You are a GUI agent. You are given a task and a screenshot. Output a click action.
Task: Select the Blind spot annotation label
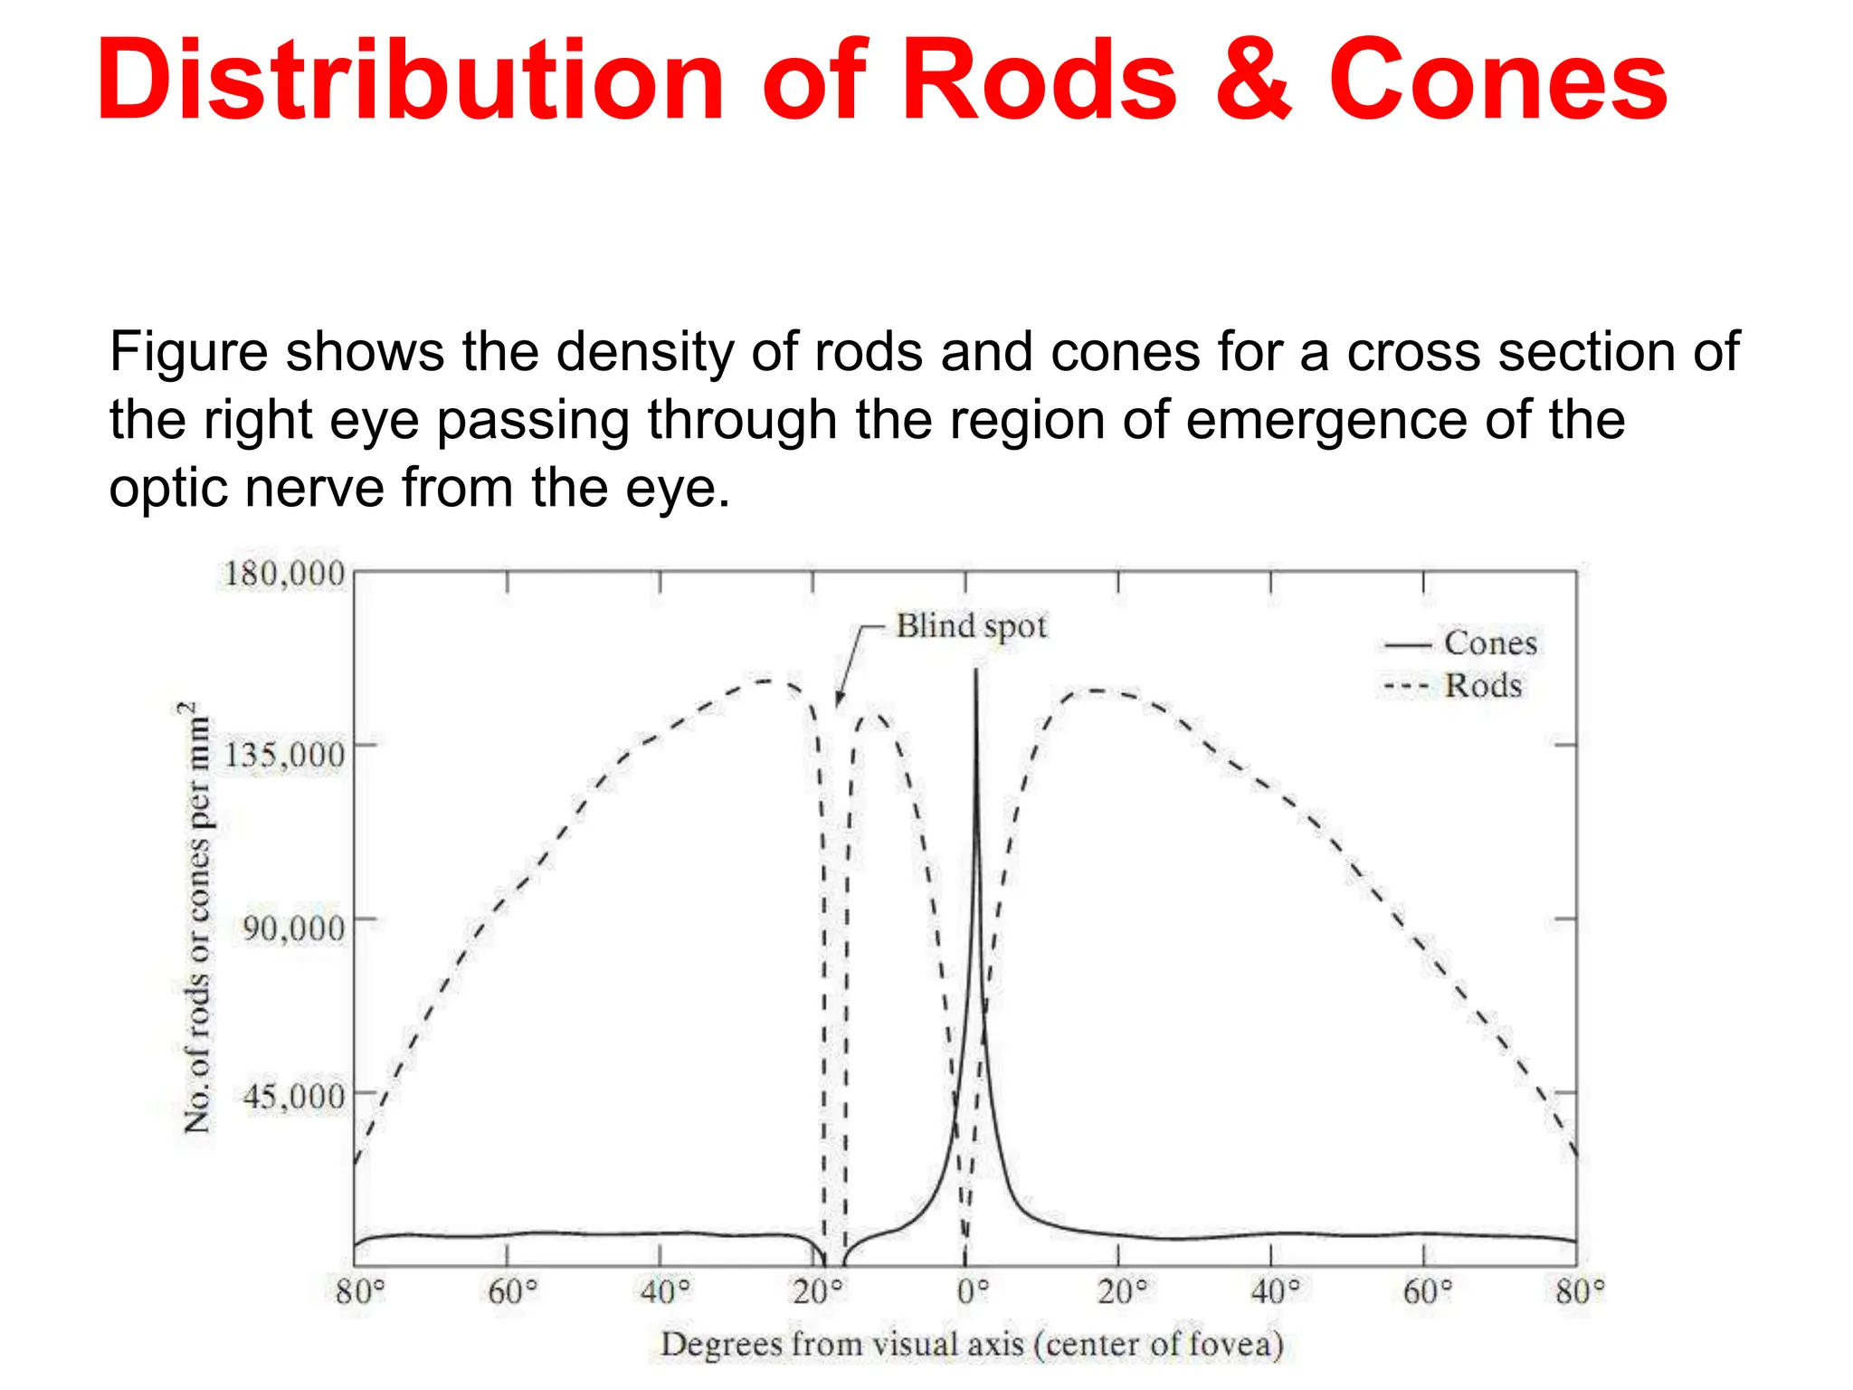(x=971, y=626)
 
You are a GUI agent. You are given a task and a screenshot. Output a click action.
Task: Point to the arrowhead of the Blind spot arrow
(x=839, y=701)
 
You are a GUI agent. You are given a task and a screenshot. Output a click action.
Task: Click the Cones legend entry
(x=1489, y=643)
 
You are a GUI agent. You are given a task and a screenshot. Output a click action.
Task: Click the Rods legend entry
(x=1482, y=686)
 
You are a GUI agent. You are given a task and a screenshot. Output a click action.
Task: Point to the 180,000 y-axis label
(x=284, y=574)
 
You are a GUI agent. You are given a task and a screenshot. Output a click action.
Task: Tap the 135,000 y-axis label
(x=284, y=754)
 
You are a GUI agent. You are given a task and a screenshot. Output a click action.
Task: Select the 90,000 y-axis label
(x=293, y=928)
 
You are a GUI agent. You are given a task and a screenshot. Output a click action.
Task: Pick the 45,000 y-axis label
(x=293, y=1097)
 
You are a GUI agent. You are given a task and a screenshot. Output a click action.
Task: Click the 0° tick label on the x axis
(x=973, y=1291)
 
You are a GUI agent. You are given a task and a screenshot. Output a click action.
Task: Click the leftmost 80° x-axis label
(x=360, y=1291)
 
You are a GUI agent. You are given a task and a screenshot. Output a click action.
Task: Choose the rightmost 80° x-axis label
(x=1580, y=1291)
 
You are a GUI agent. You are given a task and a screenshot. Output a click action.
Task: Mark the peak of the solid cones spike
(x=975, y=671)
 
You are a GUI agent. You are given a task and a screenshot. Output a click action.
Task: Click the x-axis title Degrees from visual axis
(x=972, y=1345)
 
